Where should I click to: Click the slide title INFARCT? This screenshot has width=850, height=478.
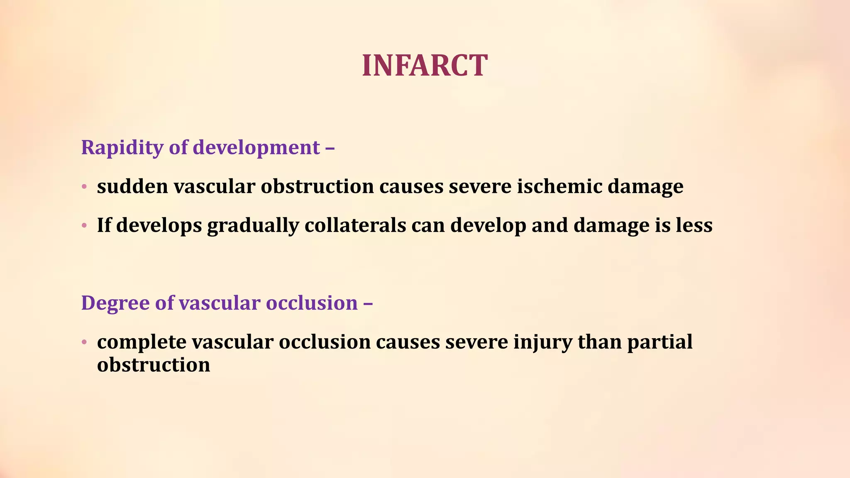point(425,66)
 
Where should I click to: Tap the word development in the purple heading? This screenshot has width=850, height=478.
point(256,148)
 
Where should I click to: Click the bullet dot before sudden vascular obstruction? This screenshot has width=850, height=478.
point(84,187)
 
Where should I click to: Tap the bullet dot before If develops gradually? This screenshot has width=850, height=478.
point(84,226)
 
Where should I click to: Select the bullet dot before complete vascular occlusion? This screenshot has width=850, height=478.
point(84,342)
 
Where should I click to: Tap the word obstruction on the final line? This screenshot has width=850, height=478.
point(154,365)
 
